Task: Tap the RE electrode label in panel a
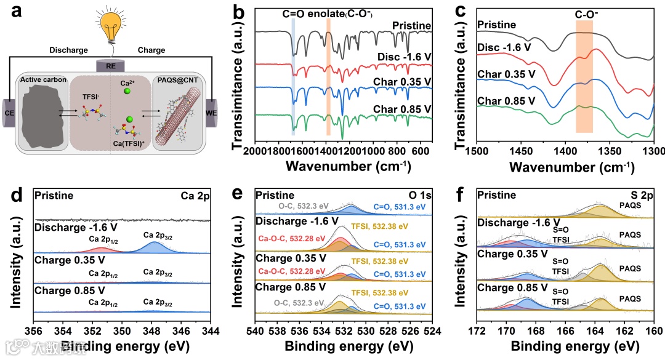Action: click(111, 66)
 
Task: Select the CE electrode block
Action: click(10, 114)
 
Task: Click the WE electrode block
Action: click(212, 114)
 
